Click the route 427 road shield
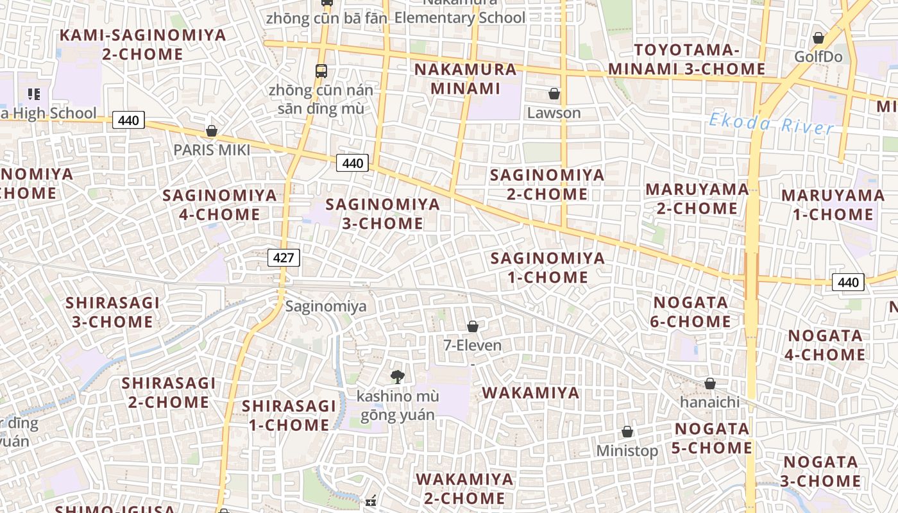(284, 258)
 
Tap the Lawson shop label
(554, 113)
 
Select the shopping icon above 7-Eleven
(473, 326)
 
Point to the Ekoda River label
(772, 123)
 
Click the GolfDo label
(818, 56)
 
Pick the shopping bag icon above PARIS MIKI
(212, 131)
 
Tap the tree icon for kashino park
(398, 376)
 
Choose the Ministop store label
(627, 451)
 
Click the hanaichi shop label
(709, 402)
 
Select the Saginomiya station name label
(326, 306)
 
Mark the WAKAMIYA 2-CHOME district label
(465, 489)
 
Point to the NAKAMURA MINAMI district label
(465, 79)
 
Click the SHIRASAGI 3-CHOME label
(112, 312)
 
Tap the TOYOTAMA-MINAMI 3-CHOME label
(686, 60)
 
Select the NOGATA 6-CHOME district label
(690, 312)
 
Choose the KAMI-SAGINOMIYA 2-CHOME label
(142, 44)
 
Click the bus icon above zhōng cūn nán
(321, 71)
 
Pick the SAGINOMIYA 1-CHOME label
(548, 267)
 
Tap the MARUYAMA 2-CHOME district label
(697, 199)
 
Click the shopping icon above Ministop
(627, 432)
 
